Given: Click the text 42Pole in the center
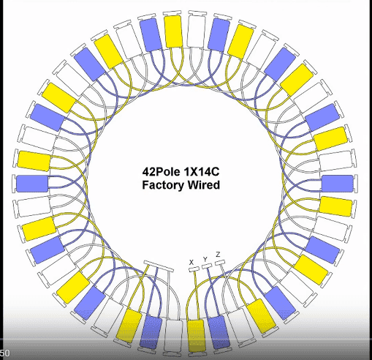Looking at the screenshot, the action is click(x=160, y=172).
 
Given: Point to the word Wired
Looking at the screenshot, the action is click(x=204, y=184).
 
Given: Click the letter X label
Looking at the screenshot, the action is click(x=191, y=263).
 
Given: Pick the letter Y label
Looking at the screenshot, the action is click(x=205, y=259).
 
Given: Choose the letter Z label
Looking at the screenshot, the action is click(x=218, y=255).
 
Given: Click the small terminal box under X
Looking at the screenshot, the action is click(x=194, y=269).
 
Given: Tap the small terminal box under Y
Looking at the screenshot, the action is click(x=207, y=266).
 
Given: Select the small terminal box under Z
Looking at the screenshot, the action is click(x=220, y=263).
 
